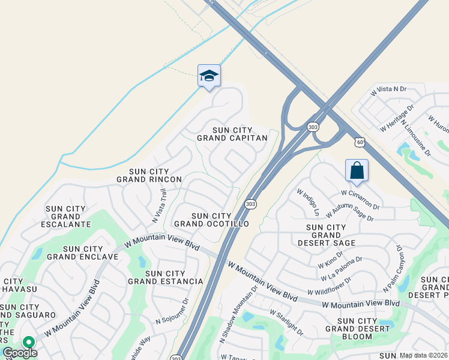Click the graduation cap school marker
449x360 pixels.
coord(209,76)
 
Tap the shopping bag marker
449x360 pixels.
coord(357,170)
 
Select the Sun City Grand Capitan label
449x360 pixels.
coord(232,134)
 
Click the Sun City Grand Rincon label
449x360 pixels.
coord(149,175)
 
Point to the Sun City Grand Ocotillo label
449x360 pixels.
coord(211,220)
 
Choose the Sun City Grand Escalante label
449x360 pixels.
coord(68,217)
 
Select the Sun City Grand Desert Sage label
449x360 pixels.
coord(331,235)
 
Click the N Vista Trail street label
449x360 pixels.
coord(160,206)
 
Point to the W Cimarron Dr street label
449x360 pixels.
coord(360,197)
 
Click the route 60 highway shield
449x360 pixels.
coord(359,142)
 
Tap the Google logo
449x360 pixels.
coord(19,353)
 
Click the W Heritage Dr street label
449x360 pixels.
coord(397,119)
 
